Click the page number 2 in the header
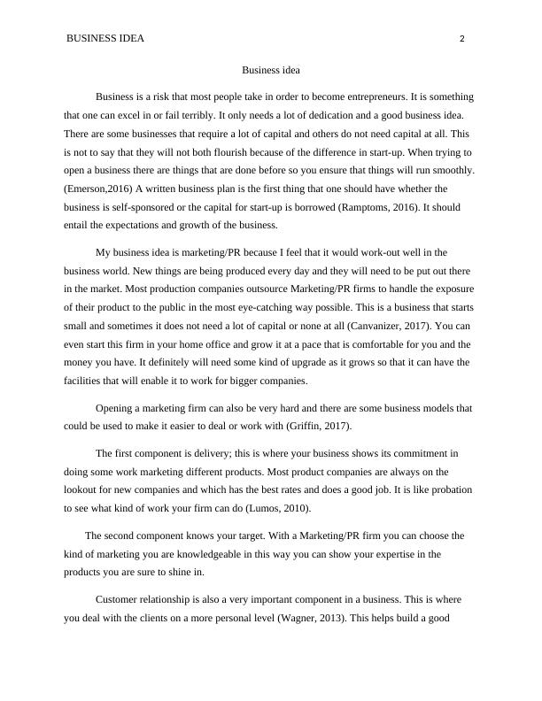coord(462,39)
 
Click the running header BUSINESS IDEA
coord(105,39)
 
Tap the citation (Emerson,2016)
coord(97,189)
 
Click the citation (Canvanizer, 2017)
coord(345,325)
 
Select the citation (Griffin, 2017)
coord(319,427)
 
